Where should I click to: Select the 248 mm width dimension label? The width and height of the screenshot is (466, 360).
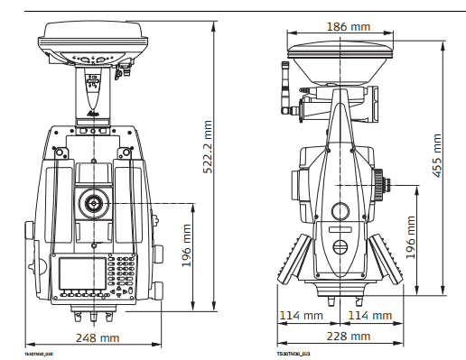pyautogui.click(x=97, y=337)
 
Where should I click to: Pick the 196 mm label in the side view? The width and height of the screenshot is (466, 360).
pyautogui.click(x=410, y=237)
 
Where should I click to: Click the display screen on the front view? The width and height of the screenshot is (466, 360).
pyautogui.click(x=79, y=273)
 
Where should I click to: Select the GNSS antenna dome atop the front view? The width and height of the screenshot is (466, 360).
pyautogui.click(x=89, y=42)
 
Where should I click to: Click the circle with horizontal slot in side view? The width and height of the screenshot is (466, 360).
pyautogui.click(x=340, y=248)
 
